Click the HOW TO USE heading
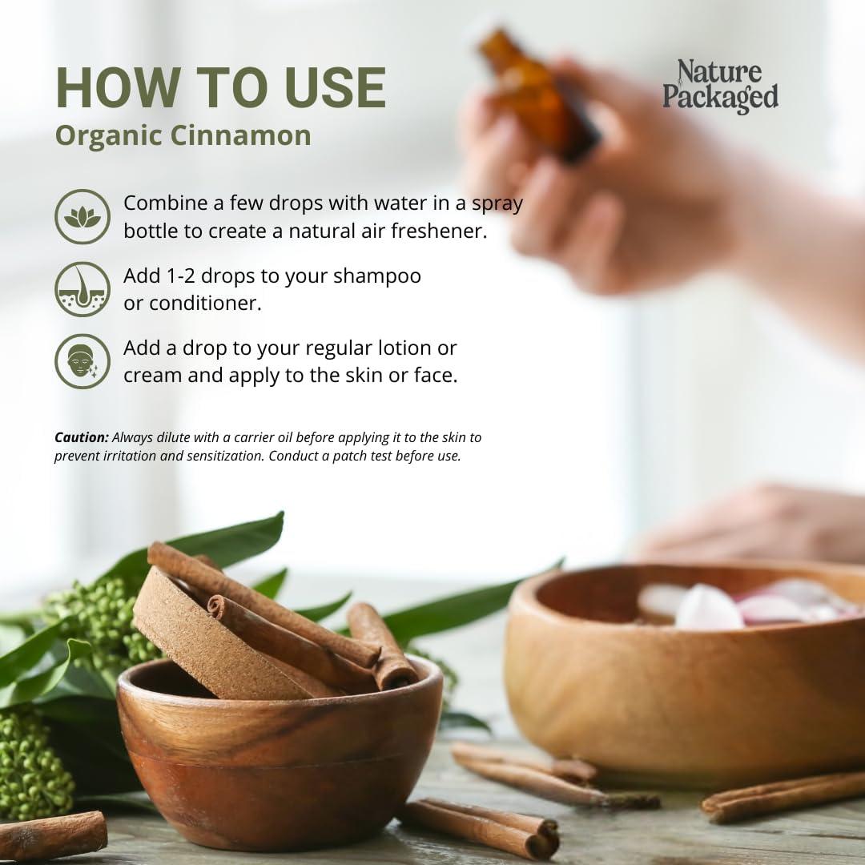pos(220,88)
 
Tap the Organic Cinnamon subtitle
pos(183,135)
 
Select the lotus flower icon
pos(82,217)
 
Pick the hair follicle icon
pos(82,289)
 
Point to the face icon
pos(82,361)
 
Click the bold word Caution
pos(81,437)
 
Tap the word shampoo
pos(377,276)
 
